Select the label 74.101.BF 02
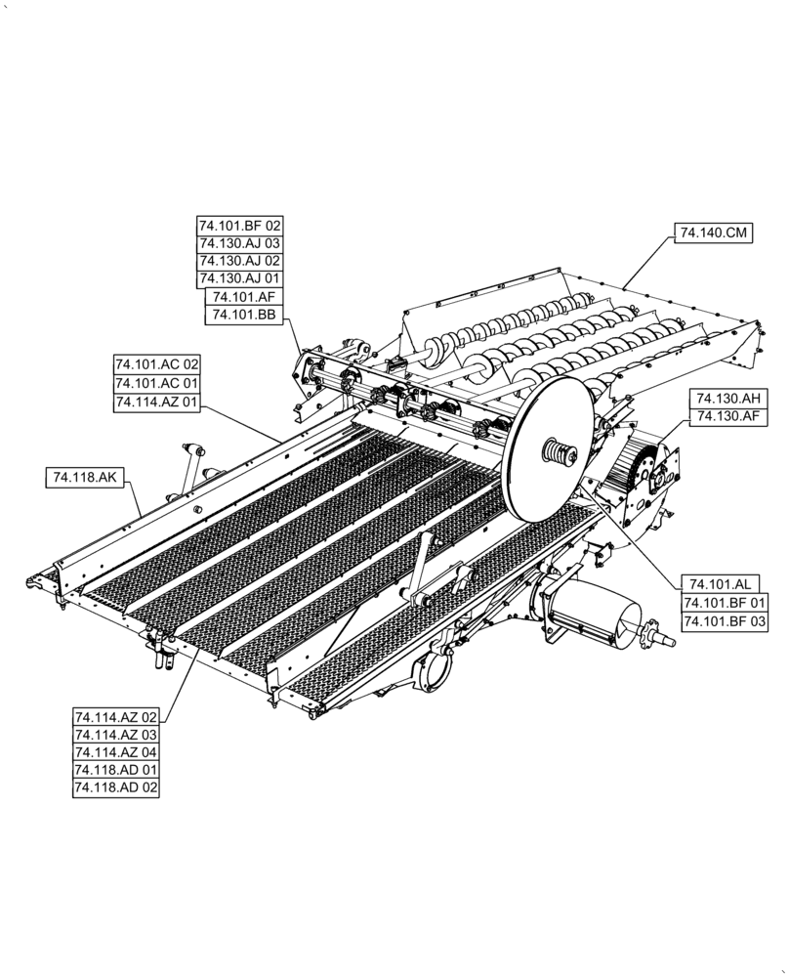(239, 226)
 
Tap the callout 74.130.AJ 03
(239, 243)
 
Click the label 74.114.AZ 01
(156, 403)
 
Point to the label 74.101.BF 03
(724, 621)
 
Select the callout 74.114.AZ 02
(115, 717)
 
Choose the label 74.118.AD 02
(115, 787)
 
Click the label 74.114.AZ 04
(115, 752)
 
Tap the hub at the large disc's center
(558, 453)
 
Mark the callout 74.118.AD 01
(115, 770)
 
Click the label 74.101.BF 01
(724, 603)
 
